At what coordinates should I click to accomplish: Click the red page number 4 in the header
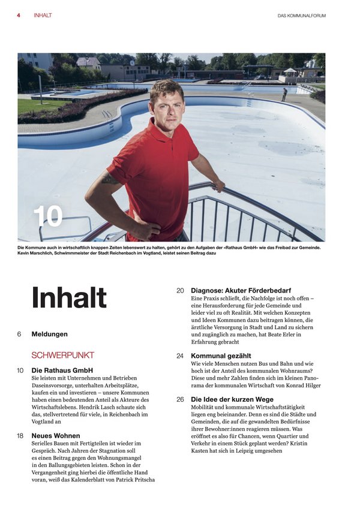[19, 15]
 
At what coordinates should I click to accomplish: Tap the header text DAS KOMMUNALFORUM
[301, 16]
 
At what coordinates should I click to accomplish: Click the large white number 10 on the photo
[48, 216]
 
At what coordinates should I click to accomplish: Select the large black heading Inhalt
[69, 297]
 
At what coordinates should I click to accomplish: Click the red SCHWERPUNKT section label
[62, 355]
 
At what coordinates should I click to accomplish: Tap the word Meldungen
[49, 334]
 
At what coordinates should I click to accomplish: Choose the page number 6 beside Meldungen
[19, 334]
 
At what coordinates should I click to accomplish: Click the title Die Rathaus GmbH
[62, 371]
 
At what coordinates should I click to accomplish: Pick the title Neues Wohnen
[55, 436]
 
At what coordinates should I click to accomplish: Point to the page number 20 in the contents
[180, 290]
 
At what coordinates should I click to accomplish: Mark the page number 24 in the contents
[180, 356]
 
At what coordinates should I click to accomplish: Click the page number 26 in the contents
[180, 399]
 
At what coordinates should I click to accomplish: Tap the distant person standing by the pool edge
[284, 94]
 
